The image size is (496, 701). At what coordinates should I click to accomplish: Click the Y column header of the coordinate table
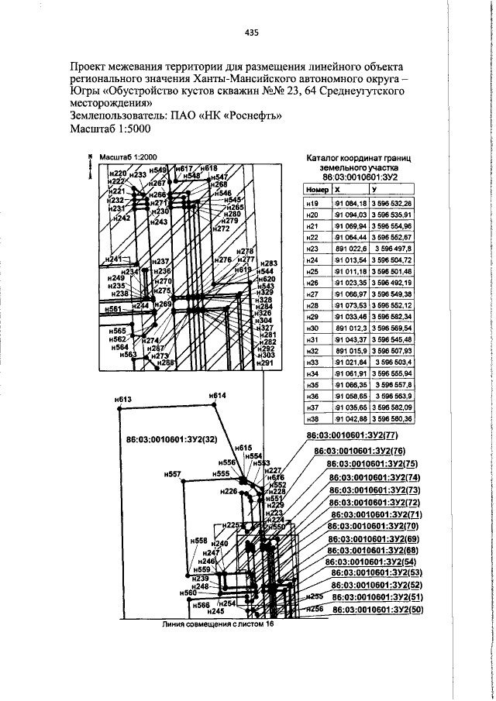pos(374,189)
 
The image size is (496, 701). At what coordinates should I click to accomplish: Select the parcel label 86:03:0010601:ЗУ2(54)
pos(371,562)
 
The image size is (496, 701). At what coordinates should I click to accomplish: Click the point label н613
pos(124,400)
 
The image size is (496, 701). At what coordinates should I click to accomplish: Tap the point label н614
pos(218,396)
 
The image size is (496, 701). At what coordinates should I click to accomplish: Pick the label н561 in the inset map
pos(115,308)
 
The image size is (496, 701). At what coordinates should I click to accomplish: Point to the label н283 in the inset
pos(267,263)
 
